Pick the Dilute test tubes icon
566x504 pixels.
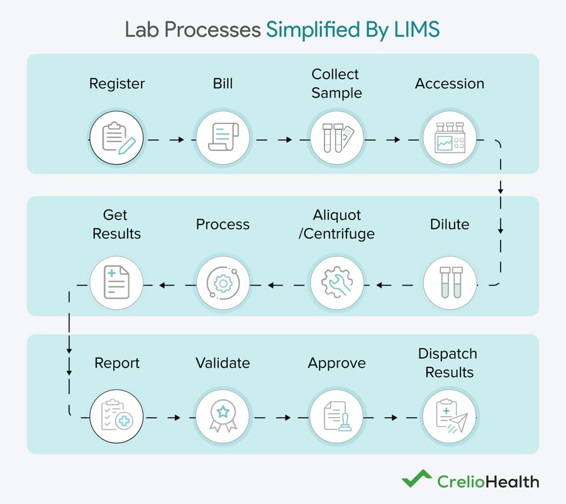(x=449, y=282)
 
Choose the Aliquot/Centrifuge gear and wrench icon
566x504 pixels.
(x=336, y=282)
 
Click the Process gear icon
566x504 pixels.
(x=223, y=282)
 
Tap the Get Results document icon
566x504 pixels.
(x=116, y=282)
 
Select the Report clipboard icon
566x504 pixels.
(x=116, y=417)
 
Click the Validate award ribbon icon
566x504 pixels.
(x=223, y=417)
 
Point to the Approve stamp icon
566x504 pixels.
(x=336, y=417)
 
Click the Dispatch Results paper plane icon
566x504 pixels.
(x=449, y=417)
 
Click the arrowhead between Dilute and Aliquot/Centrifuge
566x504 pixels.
(x=380, y=286)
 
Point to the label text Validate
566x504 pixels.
(x=223, y=363)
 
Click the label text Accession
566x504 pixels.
(x=449, y=84)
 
